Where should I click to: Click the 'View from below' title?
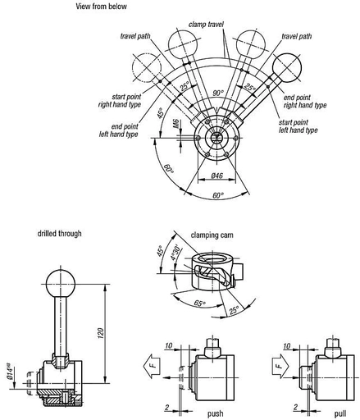(101, 7)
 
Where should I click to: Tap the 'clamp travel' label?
(206, 25)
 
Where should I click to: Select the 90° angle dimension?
(218, 94)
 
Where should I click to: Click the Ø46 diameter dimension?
(217, 176)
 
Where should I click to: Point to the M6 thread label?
(176, 124)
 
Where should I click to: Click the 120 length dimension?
(101, 333)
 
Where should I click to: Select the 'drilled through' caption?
(59, 234)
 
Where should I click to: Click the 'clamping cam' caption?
(212, 235)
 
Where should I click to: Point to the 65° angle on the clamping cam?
(199, 304)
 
